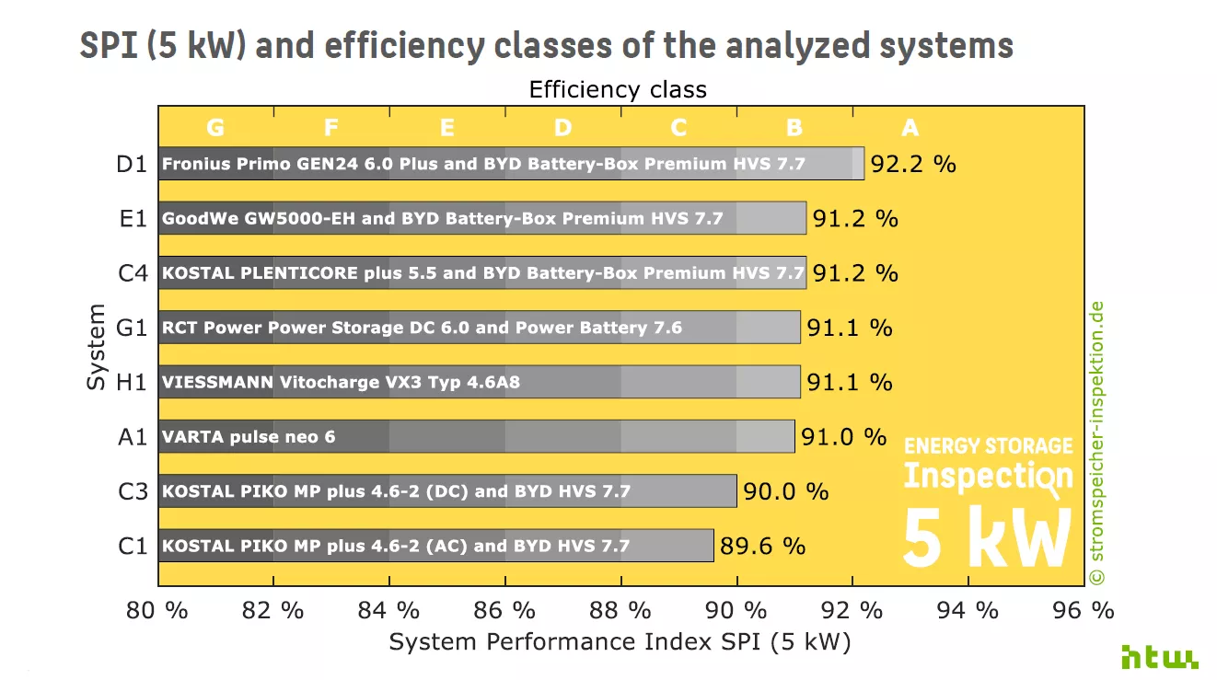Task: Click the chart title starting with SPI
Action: (547, 46)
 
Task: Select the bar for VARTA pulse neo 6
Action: (476, 436)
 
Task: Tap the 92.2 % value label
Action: (913, 165)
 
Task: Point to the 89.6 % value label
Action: (762, 546)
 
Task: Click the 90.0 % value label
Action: (785, 491)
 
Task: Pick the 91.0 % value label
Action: (843, 436)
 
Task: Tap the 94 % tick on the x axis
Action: (972, 610)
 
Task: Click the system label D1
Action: (132, 165)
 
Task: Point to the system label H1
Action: (132, 382)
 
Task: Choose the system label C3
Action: (133, 491)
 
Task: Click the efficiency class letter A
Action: (910, 128)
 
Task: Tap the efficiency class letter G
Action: (215, 128)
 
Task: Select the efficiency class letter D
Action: (562, 128)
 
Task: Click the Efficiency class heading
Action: (618, 90)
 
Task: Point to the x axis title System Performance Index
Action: (620, 641)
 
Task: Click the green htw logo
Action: (1159, 656)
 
